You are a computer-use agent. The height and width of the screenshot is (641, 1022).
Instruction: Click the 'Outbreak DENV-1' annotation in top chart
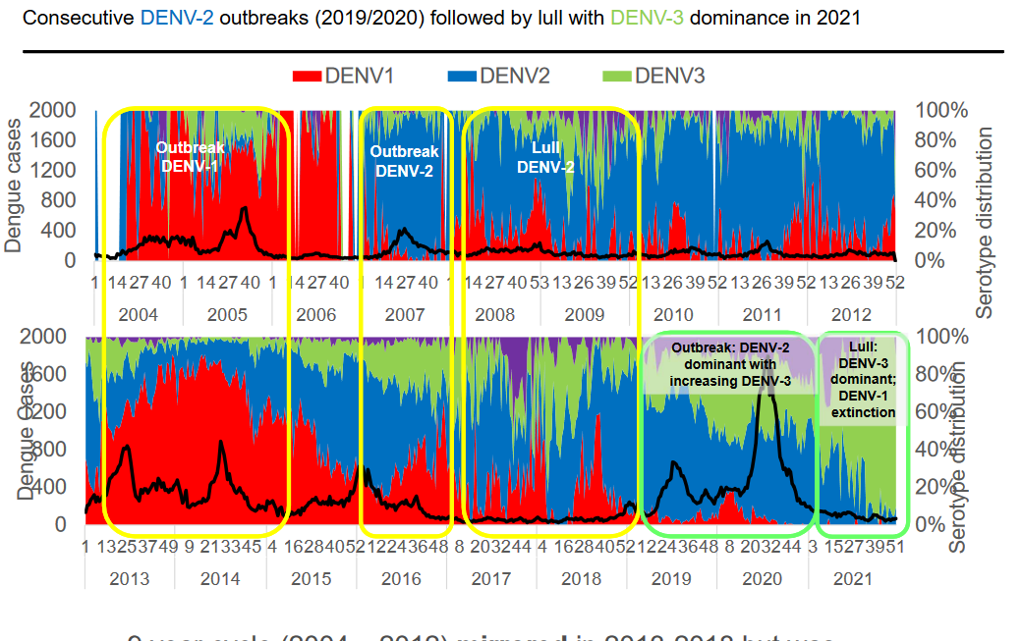191,157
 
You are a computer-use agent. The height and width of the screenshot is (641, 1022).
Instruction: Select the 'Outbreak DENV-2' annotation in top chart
404,161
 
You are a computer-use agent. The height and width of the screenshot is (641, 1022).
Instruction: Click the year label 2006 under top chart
315,315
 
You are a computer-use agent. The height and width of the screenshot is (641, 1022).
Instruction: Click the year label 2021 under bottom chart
852,579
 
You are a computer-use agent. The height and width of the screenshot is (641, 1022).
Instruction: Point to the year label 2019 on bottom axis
672,579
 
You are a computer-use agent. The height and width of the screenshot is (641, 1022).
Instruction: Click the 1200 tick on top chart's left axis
56,170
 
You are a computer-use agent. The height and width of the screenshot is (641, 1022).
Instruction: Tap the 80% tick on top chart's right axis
936,139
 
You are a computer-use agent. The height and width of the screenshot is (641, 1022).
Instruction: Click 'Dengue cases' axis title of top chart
14,186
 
